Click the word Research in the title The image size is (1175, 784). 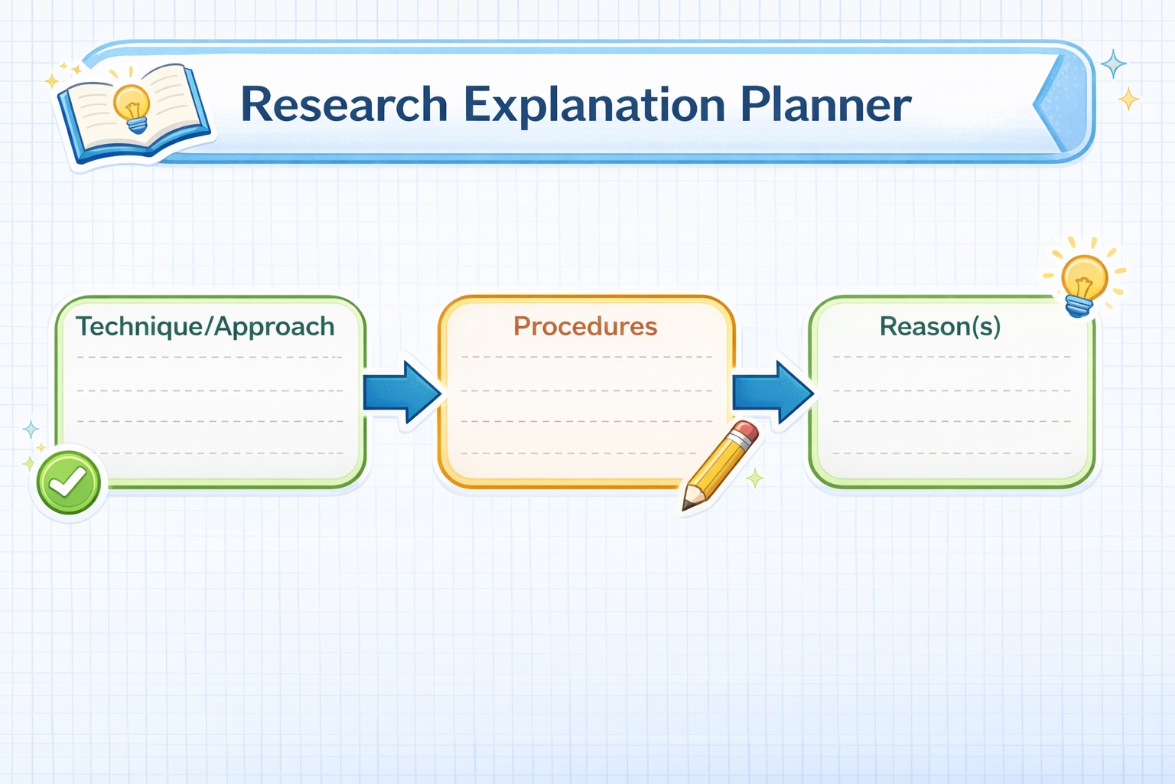[x=343, y=104]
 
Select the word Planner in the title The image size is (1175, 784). [x=826, y=104]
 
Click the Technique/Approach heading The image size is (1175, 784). [x=205, y=327]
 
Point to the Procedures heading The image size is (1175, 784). [x=585, y=326]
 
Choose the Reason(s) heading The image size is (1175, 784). [x=940, y=326]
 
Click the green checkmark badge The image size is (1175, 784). [x=68, y=482]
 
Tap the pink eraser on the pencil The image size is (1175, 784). [x=745, y=432]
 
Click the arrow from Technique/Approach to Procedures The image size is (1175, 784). [x=402, y=392]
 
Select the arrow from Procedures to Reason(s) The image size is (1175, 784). [x=773, y=392]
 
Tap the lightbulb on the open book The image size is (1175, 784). [x=132, y=108]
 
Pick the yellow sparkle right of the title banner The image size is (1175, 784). [x=1128, y=100]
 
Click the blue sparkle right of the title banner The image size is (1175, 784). [x=1113, y=64]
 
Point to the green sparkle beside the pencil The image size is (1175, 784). [x=755, y=479]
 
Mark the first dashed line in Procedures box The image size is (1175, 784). [x=587, y=357]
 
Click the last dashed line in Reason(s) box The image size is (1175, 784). [x=952, y=453]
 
